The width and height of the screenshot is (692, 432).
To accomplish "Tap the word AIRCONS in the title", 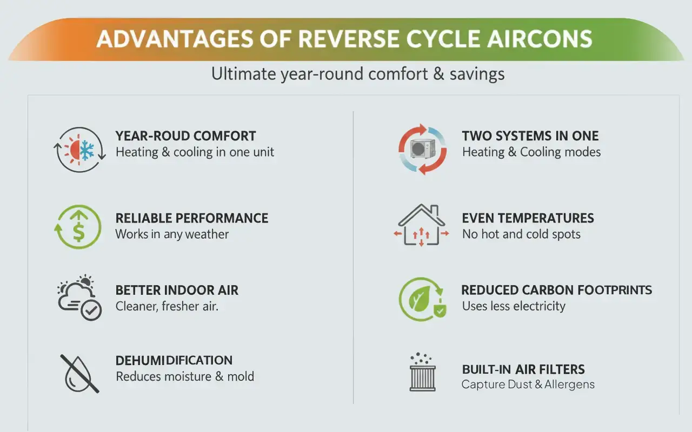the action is pos(540,39).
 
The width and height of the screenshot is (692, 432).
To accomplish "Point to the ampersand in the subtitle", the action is pos(438,74).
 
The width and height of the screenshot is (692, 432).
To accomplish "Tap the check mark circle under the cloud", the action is pos(91,310).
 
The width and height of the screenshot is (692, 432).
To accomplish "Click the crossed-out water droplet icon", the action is pos(79,374).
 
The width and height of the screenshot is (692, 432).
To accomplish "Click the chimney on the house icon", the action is pos(434,210).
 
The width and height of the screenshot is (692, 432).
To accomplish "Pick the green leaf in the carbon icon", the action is pos(420,299).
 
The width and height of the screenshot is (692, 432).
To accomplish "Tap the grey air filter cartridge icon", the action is pos(423,379).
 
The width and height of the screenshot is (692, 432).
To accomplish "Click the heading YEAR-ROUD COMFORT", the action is pos(185,136).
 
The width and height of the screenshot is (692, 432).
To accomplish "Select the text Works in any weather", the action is pos(172,234).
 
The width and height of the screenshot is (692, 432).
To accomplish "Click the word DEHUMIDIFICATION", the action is pos(174,360).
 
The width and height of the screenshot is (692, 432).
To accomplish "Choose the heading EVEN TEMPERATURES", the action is pos(528,218).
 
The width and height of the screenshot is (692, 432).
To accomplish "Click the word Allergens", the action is pos(569,384).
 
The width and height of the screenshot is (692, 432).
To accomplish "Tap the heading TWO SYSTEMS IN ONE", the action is pos(530,136).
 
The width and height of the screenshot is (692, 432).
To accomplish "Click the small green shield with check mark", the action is pos(440,311).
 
